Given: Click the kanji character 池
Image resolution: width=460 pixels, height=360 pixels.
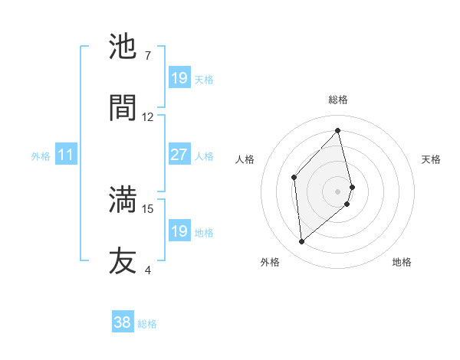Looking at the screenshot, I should tap(123, 47).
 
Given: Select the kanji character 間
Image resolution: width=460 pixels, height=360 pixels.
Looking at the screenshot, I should tap(123, 107).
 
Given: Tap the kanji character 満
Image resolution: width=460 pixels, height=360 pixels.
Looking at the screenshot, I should tap(123, 199).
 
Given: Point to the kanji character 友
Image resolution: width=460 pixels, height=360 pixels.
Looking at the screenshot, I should tap(123, 260).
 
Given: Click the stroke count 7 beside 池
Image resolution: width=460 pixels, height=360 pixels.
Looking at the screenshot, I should tap(147, 56).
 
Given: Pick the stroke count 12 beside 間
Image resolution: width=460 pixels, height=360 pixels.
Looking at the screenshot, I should tap(148, 117).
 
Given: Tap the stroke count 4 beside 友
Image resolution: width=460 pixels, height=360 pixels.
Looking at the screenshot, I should tap(148, 270).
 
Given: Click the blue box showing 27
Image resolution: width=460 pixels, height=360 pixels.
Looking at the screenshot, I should tap(179, 155).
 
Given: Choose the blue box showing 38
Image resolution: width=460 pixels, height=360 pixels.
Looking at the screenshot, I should tap(123, 323).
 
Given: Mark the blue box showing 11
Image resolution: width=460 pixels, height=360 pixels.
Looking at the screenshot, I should tap(66, 155).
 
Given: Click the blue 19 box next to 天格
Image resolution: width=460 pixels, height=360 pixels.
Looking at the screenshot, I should tap(179, 78).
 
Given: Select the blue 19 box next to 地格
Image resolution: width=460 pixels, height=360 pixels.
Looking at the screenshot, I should tap(179, 231).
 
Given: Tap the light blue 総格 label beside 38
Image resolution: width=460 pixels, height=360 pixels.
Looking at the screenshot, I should tap(147, 324).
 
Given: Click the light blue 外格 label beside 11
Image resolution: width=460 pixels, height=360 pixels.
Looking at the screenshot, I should tap(41, 156).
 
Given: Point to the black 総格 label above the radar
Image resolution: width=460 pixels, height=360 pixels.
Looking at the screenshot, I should tap(338, 100).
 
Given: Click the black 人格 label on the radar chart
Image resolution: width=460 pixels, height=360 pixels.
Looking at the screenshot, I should tap(245, 159).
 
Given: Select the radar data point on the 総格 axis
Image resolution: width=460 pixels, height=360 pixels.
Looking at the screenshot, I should tap(338, 130).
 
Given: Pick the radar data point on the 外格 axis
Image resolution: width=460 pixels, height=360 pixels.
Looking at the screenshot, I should tap(302, 242).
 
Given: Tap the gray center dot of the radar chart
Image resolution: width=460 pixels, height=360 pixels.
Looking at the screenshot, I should tap(338, 191).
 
